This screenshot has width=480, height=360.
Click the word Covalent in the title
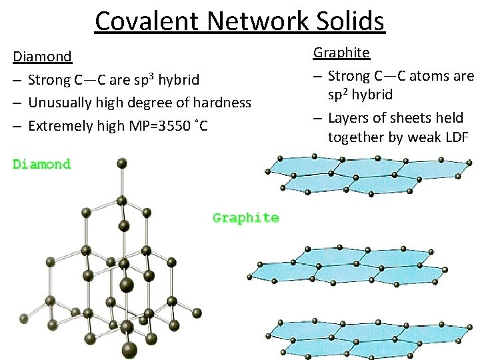[147, 21]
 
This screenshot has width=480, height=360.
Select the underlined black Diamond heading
[42, 56]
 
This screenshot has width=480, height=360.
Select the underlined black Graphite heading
[341, 52]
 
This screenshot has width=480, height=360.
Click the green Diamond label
[41, 164]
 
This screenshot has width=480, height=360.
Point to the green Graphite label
[245, 217]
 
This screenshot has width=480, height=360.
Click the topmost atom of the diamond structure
[121, 162]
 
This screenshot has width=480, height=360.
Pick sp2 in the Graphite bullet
[342, 94]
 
